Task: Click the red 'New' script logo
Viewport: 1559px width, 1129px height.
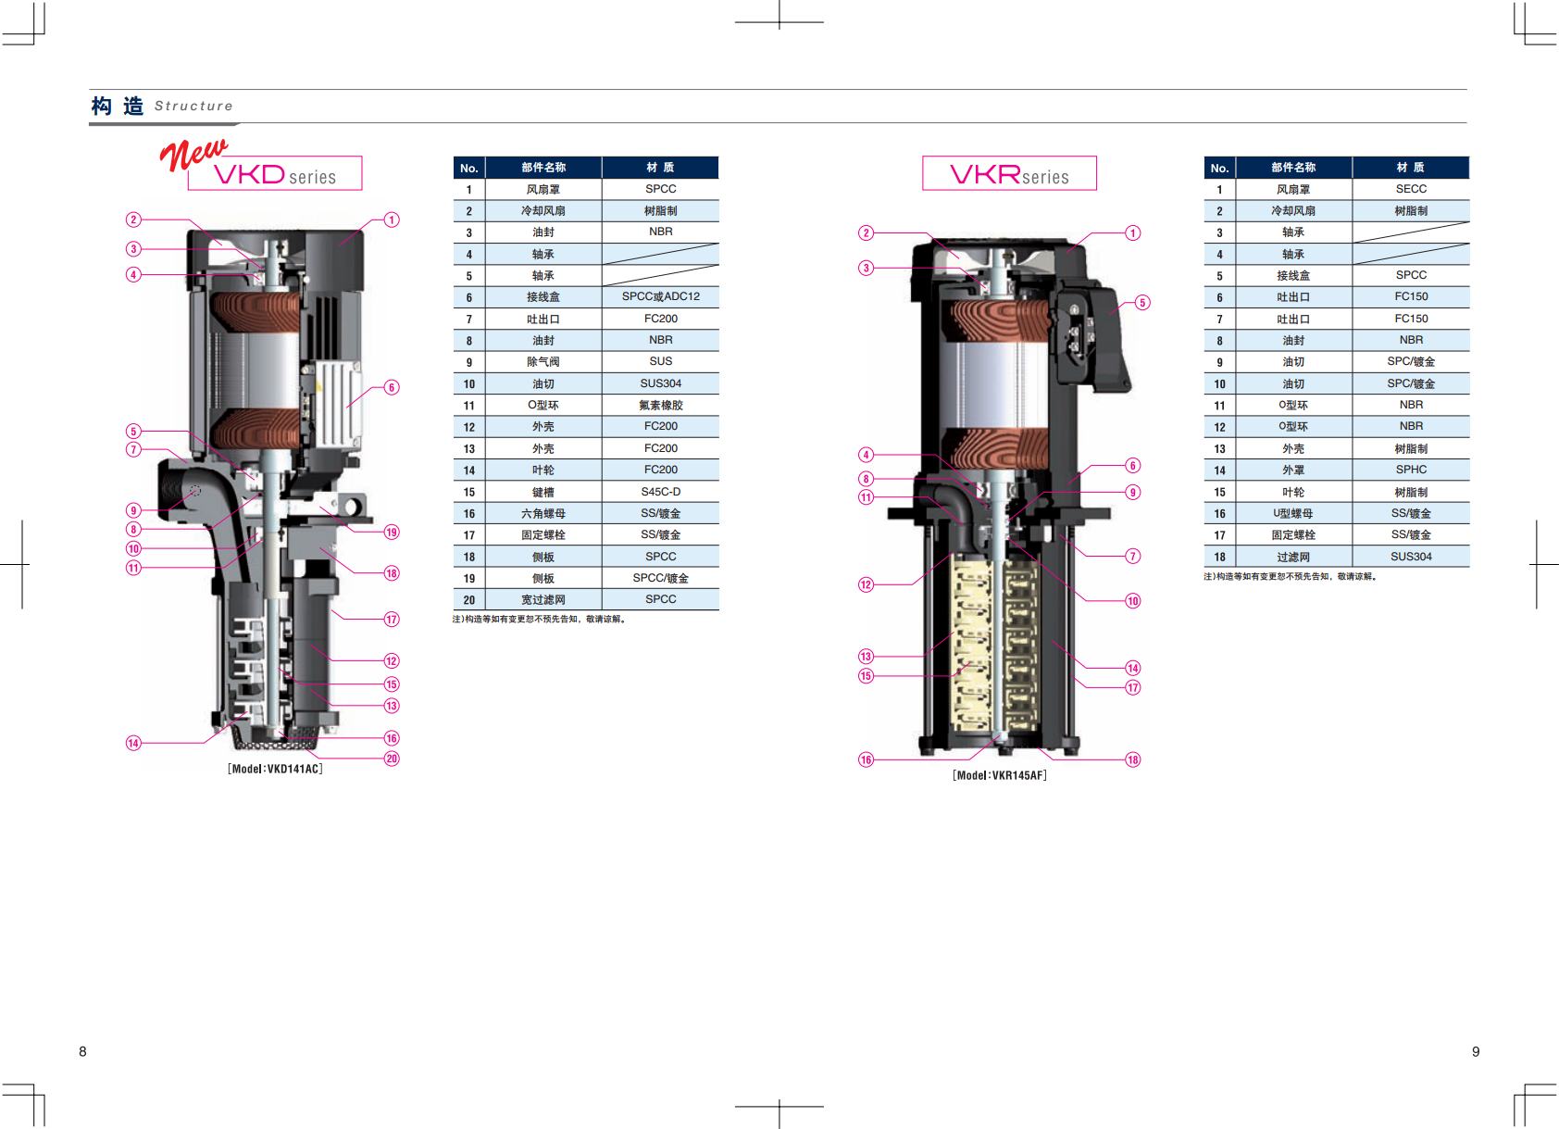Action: click(x=193, y=154)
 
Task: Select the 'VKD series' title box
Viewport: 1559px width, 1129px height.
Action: click(x=275, y=172)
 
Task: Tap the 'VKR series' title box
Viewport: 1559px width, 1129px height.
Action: click(x=1009, y=172)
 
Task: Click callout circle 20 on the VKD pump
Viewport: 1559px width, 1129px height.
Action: click(x=392, y=759)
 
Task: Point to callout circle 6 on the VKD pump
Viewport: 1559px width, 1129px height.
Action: click(x=392, y=387)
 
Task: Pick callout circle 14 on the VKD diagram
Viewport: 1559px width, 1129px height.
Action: click(x=133, y=743)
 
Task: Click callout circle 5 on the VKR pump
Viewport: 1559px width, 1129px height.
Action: click(x=1142, y=302)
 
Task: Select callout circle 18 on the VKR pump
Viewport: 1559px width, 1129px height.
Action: click(x=1133, y=759)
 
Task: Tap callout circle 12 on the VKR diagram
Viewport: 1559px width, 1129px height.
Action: click(x=866, y=584)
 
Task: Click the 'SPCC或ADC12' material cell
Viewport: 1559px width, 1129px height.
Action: click(x=660, y=296)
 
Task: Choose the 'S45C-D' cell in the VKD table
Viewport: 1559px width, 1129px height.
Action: click(x=660, y=492)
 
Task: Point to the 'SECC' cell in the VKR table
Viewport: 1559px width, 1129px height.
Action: click(x=1411, y=189)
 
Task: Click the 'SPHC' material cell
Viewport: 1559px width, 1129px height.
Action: click(x=1411, y=470)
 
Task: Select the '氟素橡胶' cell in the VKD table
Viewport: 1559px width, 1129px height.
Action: click(x=660, y=406)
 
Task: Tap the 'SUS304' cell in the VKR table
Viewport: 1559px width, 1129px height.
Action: click(x=1411, y=557)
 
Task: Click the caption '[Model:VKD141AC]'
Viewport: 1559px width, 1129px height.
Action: click(x=275, y=769)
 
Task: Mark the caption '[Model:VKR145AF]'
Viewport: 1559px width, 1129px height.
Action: click(x=1000, y=775)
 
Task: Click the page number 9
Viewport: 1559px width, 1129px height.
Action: click(x=1476, y=1052)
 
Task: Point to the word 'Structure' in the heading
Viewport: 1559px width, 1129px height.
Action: click(x=193, y=106)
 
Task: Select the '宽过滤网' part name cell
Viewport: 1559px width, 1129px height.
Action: click(x=543, y=599)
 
